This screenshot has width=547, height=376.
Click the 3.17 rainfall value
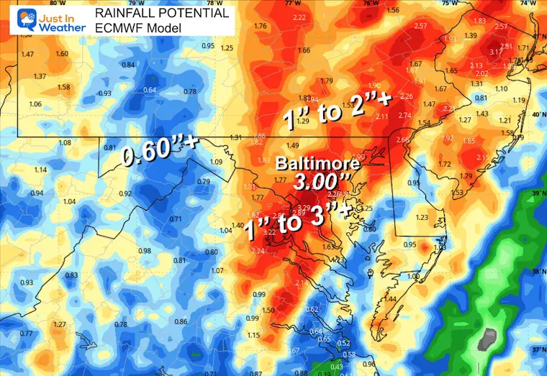point(496,52)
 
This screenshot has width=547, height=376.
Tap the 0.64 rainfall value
point(150,90)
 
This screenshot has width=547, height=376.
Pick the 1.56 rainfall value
point(392,10)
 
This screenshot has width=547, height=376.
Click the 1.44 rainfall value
point(391,298)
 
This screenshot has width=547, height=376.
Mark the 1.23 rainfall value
point(422,217)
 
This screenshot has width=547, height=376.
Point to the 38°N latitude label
point(538,272)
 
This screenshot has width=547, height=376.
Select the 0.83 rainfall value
point(71,275)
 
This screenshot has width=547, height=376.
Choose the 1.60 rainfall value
point(62,54)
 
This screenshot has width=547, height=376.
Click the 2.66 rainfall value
point(402,139)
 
